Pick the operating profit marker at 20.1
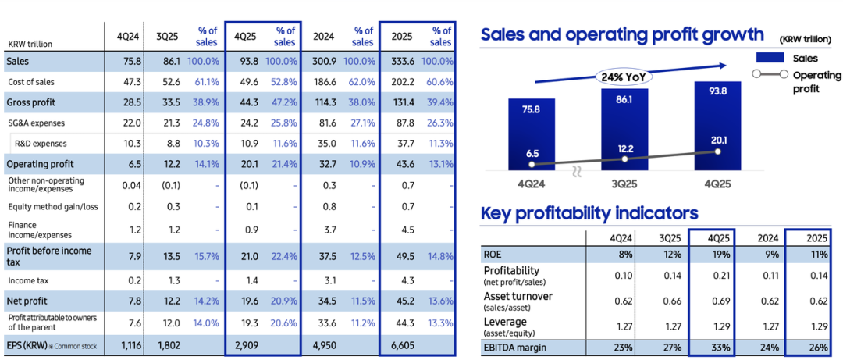717,151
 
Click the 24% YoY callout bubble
624,77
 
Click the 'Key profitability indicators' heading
589,213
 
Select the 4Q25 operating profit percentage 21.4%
282,164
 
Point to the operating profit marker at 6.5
532,165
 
